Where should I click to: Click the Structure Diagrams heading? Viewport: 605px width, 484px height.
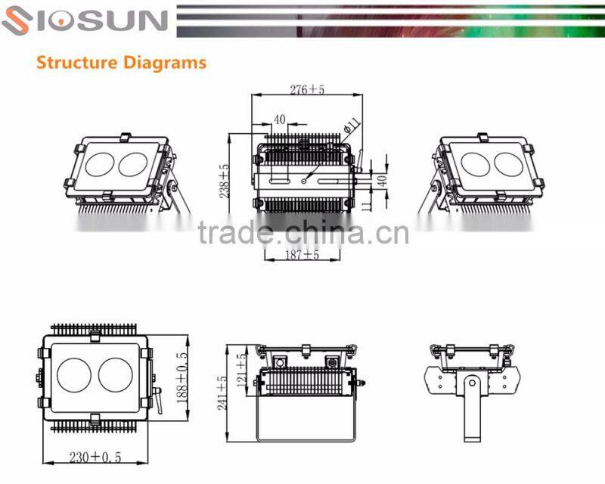coord(121,62)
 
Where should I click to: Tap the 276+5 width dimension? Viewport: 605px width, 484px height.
coord(307,89)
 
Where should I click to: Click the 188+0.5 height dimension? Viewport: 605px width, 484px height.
coord(182,377)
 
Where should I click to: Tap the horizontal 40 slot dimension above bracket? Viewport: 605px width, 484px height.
coord(280,119)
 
